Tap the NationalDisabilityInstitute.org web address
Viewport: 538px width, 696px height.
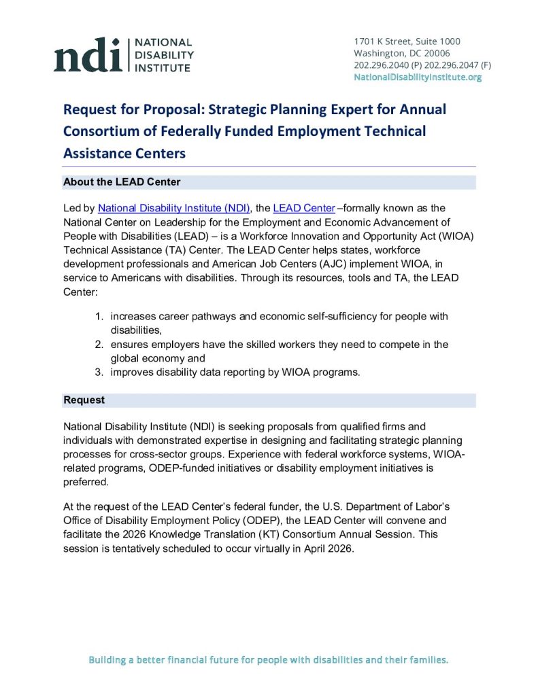click(418, 77)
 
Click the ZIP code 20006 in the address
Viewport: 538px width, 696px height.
click(436, 54)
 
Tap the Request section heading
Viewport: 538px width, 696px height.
click(84, 400)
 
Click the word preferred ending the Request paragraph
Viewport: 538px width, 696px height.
click(86, 481)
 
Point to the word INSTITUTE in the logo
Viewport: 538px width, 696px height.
click(166, 67)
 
